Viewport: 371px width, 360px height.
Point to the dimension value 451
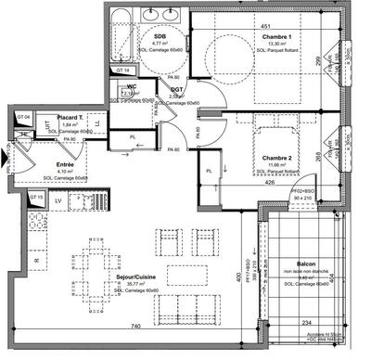(x=264, y=26)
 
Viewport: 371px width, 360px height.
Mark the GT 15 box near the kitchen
(x=37, y=199)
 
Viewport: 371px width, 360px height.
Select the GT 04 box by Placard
(x=24, y=117)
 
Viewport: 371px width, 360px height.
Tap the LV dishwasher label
(x=59, y=199)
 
